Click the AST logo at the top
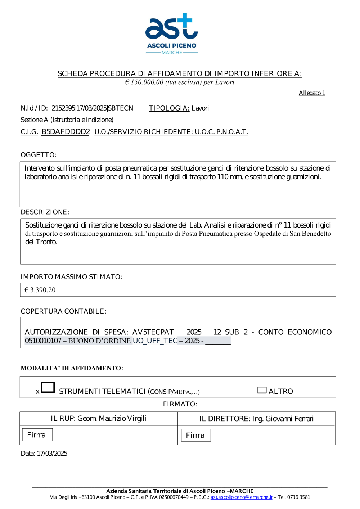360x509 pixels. point(172,33)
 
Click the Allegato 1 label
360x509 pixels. point(312,93)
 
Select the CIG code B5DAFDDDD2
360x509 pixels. point(66,132)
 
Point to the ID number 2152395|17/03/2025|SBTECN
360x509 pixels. point(92,108)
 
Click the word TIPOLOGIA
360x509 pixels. point(169,108)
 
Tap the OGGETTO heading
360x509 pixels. point(39,155)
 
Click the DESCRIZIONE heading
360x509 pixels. point(45,212)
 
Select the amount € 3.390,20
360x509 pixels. point(40,290)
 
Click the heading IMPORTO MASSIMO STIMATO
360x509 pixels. point(71,277)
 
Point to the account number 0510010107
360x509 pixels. point(43,341)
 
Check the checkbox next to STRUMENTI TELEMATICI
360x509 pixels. point(48,387)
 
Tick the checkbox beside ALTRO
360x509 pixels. point(262,390)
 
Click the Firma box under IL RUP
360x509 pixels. point(37,435)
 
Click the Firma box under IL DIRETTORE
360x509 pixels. point(195,435)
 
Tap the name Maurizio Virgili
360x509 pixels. point(122,418)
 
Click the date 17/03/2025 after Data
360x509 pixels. point(52,454)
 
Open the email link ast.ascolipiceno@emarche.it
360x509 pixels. point(241,497)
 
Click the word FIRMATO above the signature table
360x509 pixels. point(180,404)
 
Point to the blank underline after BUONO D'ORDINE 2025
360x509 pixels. point(218,341)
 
